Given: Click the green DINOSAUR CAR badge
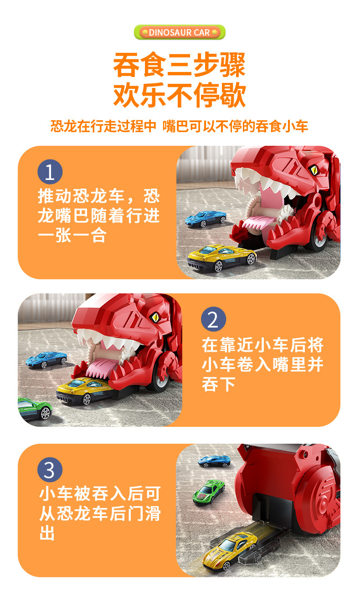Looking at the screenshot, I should coord(180,32).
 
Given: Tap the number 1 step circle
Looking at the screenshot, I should coord(50,173).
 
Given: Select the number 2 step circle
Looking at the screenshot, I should coord(213,319).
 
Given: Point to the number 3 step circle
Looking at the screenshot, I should coord(50,469).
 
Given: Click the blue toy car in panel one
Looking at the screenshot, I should coord(206,218).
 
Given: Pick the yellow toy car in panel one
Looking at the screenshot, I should coord(222,257).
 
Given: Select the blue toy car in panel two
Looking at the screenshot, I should coord(46,359).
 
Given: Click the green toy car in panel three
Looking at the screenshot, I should coord(209,492).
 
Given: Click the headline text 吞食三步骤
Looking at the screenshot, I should coord(180,65).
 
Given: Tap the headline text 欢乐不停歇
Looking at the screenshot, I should coord(180,95).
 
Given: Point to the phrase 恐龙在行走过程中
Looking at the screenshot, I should coord(103,126).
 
